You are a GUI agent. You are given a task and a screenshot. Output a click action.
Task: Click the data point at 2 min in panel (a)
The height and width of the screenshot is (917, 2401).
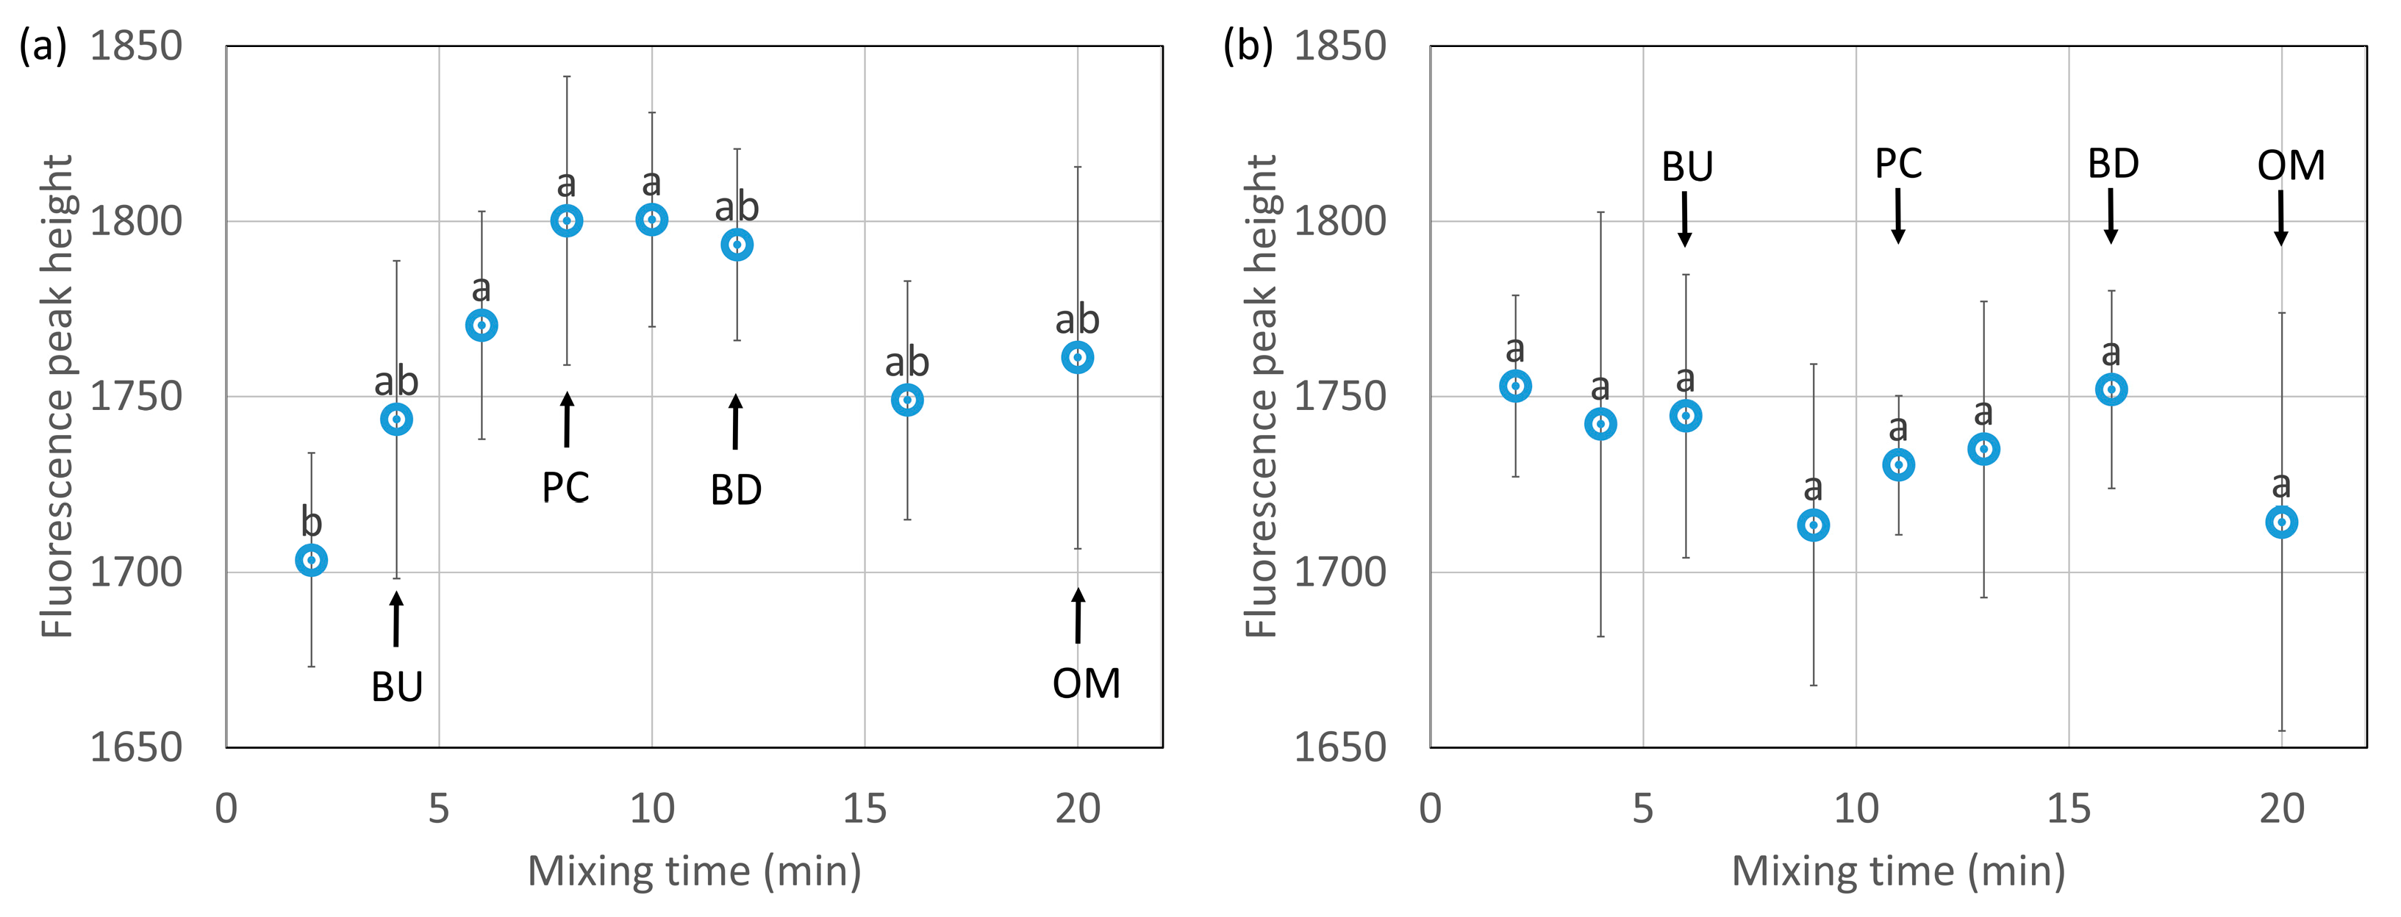pyautogui.click(x=311, y=560)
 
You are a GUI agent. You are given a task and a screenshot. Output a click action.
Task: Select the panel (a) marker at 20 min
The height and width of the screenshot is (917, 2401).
pyautogui.click(x=1078, y=357)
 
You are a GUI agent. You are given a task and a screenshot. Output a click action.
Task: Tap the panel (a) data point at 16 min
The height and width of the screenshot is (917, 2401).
pyautogui.click(x=907, y=400)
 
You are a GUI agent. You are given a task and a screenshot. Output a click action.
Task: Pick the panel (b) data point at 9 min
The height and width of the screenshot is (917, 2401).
pyautogui.click(x=1813, y=525)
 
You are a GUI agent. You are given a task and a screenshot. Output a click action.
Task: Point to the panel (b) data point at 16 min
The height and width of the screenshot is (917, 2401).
pyautogui.click(x=2111, y=389)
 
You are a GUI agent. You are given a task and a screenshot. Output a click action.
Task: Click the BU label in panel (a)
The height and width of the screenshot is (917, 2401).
pyautogui.click(x=397, y=688)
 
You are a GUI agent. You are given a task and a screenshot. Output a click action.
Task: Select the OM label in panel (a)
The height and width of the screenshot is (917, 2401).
pyautogui.click(x=1086, y=684)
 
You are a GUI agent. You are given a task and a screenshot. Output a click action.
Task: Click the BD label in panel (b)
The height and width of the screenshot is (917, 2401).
pyautogui.click(x=2113, y=164)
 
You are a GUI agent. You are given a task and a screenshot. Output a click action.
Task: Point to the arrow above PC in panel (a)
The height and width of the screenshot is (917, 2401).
pyautogui.click(x=567, y=420)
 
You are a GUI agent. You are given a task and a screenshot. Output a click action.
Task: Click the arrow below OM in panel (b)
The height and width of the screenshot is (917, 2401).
pyautogui.click(x=2280, y=218)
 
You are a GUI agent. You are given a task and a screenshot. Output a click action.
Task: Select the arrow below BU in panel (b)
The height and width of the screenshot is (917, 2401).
pyautogui.click(x=1685, y=219)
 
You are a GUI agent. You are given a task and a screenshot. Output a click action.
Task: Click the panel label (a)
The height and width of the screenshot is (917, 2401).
pyautogui.click(x=43, y=46)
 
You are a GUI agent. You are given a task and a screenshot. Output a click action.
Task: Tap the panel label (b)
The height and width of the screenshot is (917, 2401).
pyautogui.click(x=1247, y=46)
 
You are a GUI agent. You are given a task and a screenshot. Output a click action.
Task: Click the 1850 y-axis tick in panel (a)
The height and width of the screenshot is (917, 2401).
pyautogui.click(x=136, y=46)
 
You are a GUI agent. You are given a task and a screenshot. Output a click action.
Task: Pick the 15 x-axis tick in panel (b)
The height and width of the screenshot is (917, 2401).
pyautogui.click(x=2068, y=809)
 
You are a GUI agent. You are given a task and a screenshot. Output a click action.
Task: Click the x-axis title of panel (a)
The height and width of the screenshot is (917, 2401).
pyautogui.click(x=695, y=871)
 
